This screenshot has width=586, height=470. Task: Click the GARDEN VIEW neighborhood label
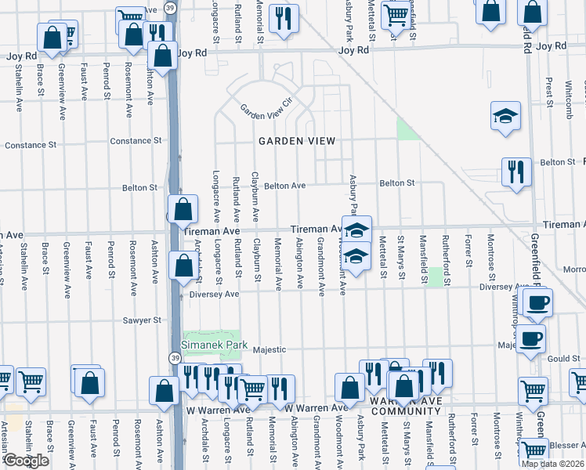298,141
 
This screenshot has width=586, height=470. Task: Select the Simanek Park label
215,345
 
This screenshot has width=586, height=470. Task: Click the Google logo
26,461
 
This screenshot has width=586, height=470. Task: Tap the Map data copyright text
553,464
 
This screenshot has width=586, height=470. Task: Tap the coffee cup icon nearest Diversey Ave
537,302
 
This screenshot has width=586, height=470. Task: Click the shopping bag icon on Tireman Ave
183,210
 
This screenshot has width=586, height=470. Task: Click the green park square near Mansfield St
435,276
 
